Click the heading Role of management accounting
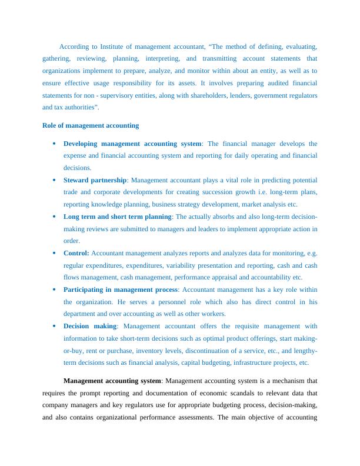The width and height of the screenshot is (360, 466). click(91, 125)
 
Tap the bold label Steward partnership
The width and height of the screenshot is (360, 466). click(95, 180)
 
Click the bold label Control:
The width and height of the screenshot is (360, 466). click(76, 253)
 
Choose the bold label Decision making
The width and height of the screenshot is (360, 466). click(91, 326)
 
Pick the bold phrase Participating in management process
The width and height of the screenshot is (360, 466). click(121, 289)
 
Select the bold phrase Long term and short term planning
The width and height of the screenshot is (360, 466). click(118, 217)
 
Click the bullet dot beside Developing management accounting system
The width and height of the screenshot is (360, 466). click(54, 144)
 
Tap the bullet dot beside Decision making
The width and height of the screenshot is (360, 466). click(54, 326)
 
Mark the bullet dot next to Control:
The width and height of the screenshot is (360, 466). click(54, 253)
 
